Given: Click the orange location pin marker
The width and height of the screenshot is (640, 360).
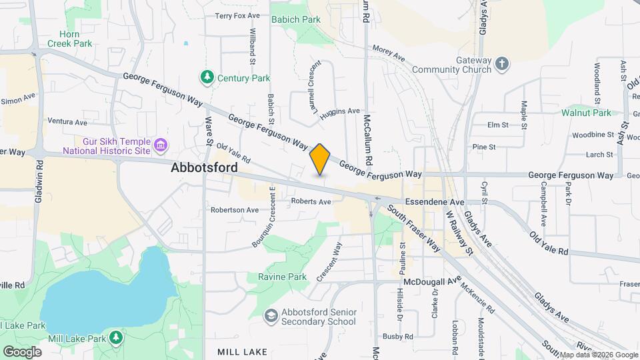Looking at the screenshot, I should tap(320, 159).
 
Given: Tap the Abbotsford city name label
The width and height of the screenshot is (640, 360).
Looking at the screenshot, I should tap(204, 167).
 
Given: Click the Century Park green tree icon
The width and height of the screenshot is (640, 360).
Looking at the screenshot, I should tap(208, 78).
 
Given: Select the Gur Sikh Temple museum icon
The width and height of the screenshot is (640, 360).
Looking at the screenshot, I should tap(159, 145).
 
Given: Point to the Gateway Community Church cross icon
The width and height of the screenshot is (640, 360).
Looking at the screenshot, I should tap(502, 65).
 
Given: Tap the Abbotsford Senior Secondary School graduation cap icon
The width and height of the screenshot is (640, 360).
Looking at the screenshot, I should tap(271, 315).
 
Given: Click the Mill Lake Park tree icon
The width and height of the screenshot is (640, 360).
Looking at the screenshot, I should tap(117, 338).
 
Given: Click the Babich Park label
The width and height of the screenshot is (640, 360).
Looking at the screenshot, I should tap(295, 19).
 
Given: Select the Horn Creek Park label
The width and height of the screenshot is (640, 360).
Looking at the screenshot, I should tap(69, 39).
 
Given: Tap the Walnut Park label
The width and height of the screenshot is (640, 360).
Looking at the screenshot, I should tap(586, 113).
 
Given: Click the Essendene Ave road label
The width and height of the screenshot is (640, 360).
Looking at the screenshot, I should tap(434, 201).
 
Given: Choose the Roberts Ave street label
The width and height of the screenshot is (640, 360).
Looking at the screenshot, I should tap(311, 201).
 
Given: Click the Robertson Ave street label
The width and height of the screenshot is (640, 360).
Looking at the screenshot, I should tap(235, 209).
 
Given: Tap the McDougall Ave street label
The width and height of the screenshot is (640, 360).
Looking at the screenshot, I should tap(432, 281).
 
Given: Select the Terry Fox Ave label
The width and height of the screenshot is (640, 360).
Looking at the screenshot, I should tap(237, 15).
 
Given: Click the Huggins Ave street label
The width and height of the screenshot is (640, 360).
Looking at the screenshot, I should tap(339, 113).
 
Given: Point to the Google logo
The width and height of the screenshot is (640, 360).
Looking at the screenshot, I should tap(22, 351).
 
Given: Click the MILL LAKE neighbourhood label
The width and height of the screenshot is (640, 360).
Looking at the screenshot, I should tap(242, 351).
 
